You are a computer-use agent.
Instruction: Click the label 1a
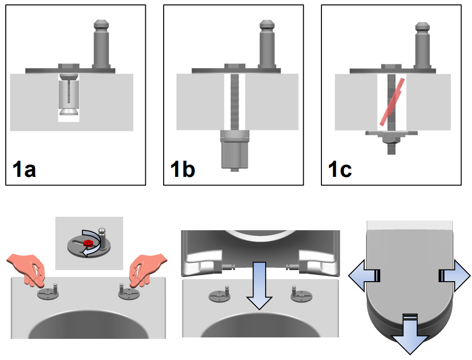(x=24, y=170)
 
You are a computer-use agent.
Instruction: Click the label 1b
(x=182, y=170)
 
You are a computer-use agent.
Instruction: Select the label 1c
(x=340, y=170)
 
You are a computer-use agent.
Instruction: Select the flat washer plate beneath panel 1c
(x=391, y=133)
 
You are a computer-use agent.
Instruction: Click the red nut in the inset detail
(x=88, y=243)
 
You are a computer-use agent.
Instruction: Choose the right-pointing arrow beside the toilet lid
(x=455, y=276)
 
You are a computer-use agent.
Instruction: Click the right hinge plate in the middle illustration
(x=301, y=294)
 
